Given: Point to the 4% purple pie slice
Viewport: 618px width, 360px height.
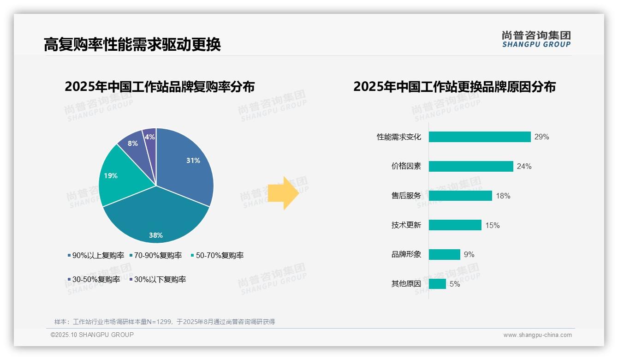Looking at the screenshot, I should [149, 137].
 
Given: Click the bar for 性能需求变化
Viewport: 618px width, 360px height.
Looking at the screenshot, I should [480, 137].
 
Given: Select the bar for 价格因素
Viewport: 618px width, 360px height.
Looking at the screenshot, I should [471, 166].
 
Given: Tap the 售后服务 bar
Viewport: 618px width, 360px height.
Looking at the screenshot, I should [460, 196].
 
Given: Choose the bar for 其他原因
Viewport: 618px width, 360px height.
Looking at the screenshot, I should [437, 284].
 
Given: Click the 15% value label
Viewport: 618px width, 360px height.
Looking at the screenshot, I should [492, 225].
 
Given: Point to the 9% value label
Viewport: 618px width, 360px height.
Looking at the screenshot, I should [469, 255].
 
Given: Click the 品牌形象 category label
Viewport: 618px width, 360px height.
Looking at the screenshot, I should [406, 255].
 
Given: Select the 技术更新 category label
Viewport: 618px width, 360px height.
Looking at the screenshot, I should [406, 225].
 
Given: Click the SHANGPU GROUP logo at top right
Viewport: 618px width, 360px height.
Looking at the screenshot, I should [536, 39].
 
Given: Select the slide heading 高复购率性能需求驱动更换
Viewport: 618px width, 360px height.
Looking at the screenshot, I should [132, 44].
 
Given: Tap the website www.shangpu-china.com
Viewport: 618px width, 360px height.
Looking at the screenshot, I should [537, 335].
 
